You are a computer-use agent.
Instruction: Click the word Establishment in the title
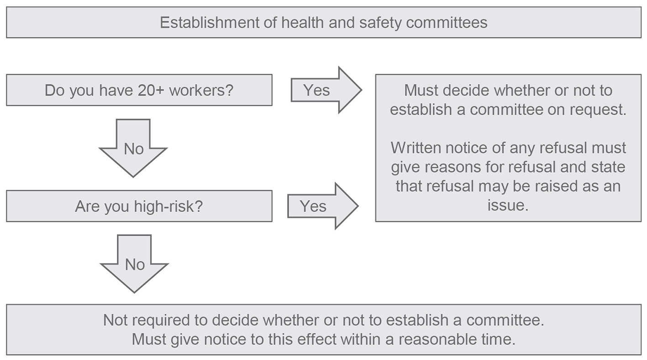tap(210, 22)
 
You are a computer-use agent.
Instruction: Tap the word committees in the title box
tap(447, 22)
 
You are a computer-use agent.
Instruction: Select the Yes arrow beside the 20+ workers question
tap(326, 90)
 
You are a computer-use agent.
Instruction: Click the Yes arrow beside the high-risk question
tap(323, 206)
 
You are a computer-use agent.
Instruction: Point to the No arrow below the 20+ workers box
tap(133, 148)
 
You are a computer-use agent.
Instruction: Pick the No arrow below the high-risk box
tap(134, 264)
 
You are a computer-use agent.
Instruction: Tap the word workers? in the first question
tap(201, 90)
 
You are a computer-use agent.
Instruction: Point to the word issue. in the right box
tap(508, 205)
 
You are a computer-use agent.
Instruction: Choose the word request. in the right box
tap(598, 110)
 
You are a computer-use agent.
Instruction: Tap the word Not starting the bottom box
tap(116, 320)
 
